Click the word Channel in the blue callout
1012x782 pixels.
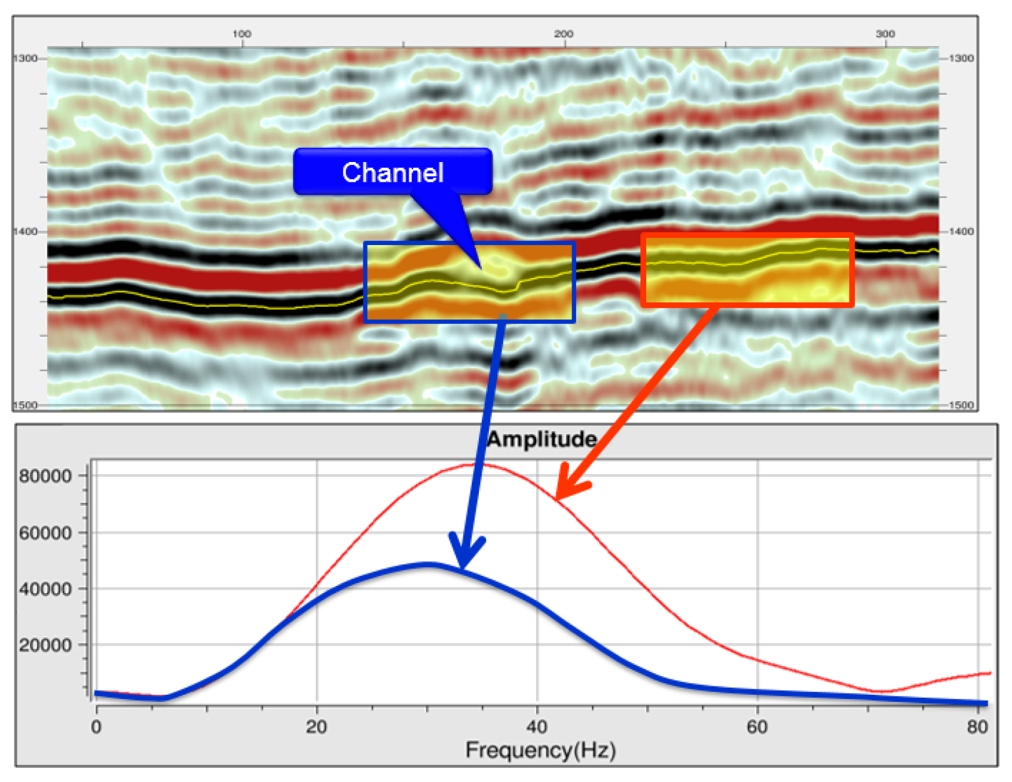pos(393,173)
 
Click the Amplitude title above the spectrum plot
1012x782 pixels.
pos(542,439)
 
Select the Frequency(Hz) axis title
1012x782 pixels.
pos(540,750)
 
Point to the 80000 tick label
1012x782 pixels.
pos(45,476)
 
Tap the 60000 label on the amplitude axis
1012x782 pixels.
pos(45,533)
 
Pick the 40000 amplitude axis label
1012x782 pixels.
pos(45,589)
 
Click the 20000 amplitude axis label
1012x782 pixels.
pos(45,645)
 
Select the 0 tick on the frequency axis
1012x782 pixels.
pos(96,727)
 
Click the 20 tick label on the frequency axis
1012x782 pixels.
pos(317,727)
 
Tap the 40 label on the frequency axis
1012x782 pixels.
pos(537,727)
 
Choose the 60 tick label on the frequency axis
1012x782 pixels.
pos(757,727)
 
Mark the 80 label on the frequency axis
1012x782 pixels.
pos(978,727)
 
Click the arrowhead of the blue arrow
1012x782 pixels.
pos(462,567)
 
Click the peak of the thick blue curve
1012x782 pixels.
pos(429,564)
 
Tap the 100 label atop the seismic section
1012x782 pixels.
pos(242,34)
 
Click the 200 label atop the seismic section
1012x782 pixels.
pos(564,34)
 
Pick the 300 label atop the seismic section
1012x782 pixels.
pos(885,34)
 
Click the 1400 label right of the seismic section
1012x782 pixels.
pos(961,231)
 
